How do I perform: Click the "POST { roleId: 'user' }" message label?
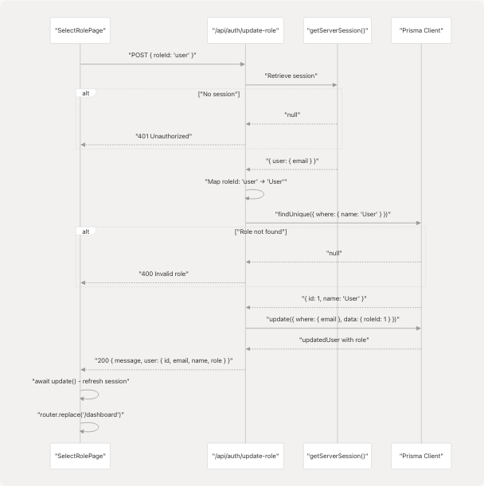[x=162, y=55]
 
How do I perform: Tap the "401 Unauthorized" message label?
[x=162, y=136]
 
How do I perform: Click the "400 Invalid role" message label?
[x=162, y=274]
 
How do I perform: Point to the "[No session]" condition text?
[x=219, y=95]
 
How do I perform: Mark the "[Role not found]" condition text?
[x=261, y=231]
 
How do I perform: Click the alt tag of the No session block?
[x=86, y=93]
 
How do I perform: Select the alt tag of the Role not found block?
[x=86, y=231]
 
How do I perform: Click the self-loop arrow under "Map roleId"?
[x=256, y=194]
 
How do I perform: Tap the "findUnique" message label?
[x=333, y=214]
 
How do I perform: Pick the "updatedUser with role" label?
[x=333, y=340]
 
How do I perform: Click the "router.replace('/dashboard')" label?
[x=80, y=414]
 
